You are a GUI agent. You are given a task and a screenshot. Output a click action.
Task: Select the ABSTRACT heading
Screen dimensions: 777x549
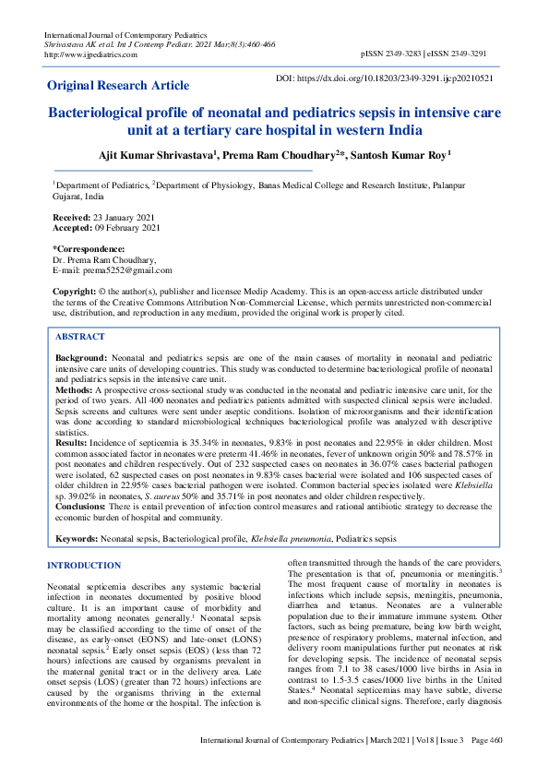pos(81,338)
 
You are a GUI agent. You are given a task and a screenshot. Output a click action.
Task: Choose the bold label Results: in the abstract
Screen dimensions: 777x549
pos(74,443)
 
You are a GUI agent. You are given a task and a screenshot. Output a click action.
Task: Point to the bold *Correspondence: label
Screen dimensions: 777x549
pos(89,249)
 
